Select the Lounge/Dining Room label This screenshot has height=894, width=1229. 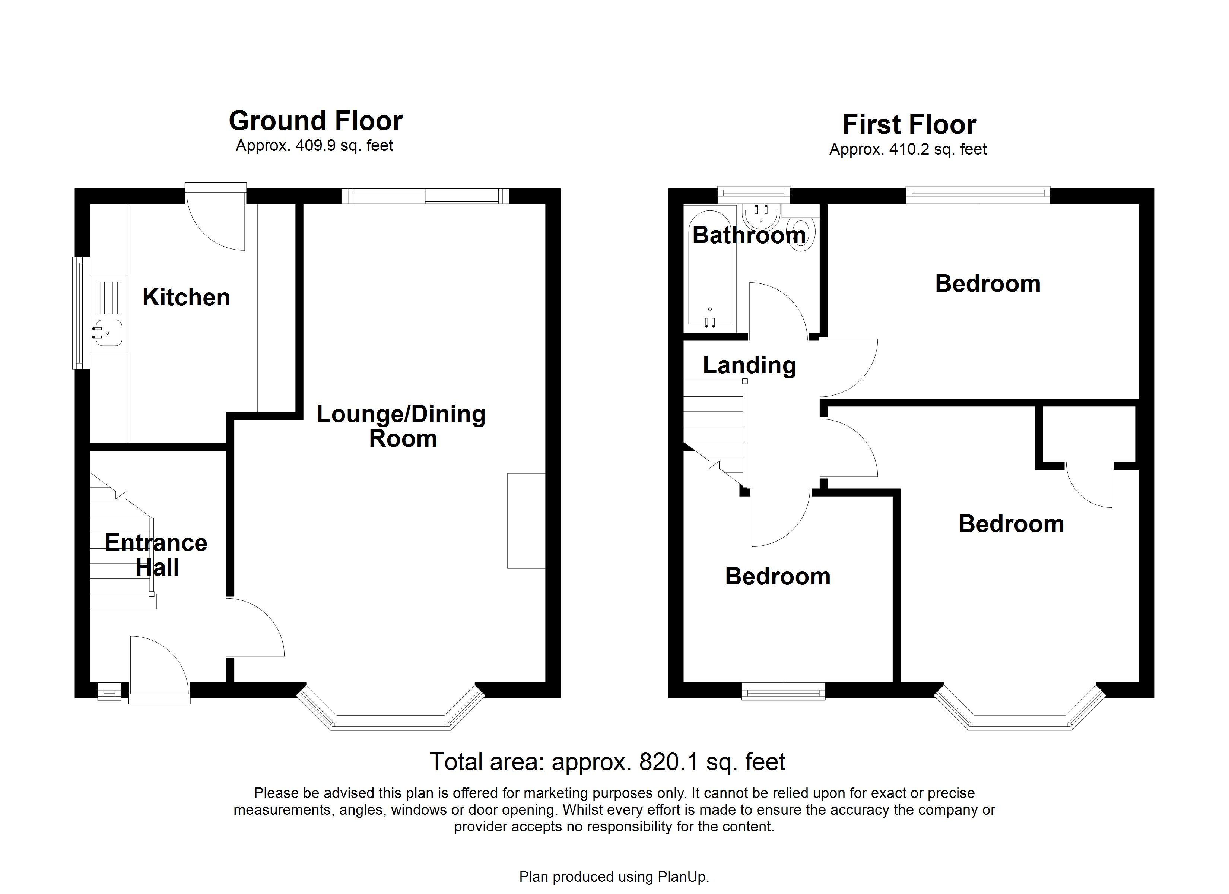tap(401, 426)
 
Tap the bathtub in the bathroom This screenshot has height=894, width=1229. tap(709, 271)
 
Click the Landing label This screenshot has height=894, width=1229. tap(749, 365)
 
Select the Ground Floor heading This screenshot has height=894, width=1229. tap(315, 121)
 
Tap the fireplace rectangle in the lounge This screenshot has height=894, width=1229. tap(525, 520)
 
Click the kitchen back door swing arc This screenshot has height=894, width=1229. tap(222, 228)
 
